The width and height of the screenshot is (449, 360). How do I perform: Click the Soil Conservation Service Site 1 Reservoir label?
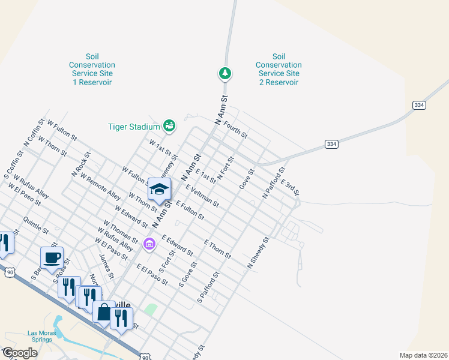point(92,69)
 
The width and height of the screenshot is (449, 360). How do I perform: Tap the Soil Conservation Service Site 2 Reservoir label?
point(278,69)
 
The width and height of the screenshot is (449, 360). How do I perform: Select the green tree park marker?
point(225,74)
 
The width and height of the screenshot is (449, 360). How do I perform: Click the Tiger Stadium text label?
point(134,127)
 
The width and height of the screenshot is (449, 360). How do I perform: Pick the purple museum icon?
point(149,244)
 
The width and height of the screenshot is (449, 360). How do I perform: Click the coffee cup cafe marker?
point(52,258)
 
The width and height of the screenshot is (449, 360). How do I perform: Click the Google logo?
point(20,353)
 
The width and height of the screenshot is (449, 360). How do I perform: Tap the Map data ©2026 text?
point(423,355)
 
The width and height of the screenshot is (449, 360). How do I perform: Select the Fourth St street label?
point(236,129)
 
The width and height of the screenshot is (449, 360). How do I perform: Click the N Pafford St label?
point(273,184)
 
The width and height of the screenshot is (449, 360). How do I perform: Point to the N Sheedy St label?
point(259,253)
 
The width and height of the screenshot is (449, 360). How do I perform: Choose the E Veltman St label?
point(202,196)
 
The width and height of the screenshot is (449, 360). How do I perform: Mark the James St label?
point(106,266)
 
